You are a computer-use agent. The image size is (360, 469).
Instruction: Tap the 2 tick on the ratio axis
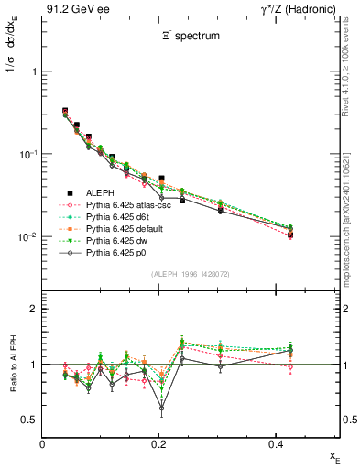point(34,309)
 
